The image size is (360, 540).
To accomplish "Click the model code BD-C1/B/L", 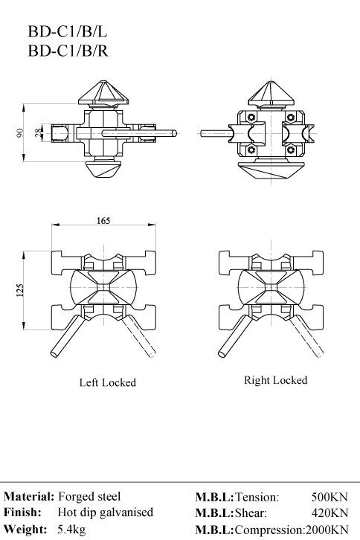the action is coord(68,32).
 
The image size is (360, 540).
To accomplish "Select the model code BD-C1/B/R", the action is coord(68,51).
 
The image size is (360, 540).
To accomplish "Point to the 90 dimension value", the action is coord(20,132).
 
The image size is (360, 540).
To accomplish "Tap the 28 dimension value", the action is coord(38,132).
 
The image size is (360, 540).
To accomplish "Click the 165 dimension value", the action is coord(103,220).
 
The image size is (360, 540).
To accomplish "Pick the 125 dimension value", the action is coord(20,290).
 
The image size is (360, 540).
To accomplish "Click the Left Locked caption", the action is coord(108,382).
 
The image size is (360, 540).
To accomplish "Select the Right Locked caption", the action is coord(276,380).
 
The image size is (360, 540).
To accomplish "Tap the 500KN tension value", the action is coord(330,497).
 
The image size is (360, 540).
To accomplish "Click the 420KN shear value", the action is coord(330,512).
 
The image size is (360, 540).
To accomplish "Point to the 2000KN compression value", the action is coord(327,530).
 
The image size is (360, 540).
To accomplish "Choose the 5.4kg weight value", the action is coord(71,529).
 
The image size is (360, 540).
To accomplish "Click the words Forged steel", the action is coord(89,496).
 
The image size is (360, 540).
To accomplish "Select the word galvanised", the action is coord(126,512).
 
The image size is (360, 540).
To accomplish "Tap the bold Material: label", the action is coord(29,497).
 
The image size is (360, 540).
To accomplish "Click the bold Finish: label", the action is coord(22,512).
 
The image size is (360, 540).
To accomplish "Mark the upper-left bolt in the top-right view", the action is coord(251,117).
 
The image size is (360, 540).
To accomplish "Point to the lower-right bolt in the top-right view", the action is coord(292,150).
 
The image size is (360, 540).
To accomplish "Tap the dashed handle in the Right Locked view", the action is coord(307,335).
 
